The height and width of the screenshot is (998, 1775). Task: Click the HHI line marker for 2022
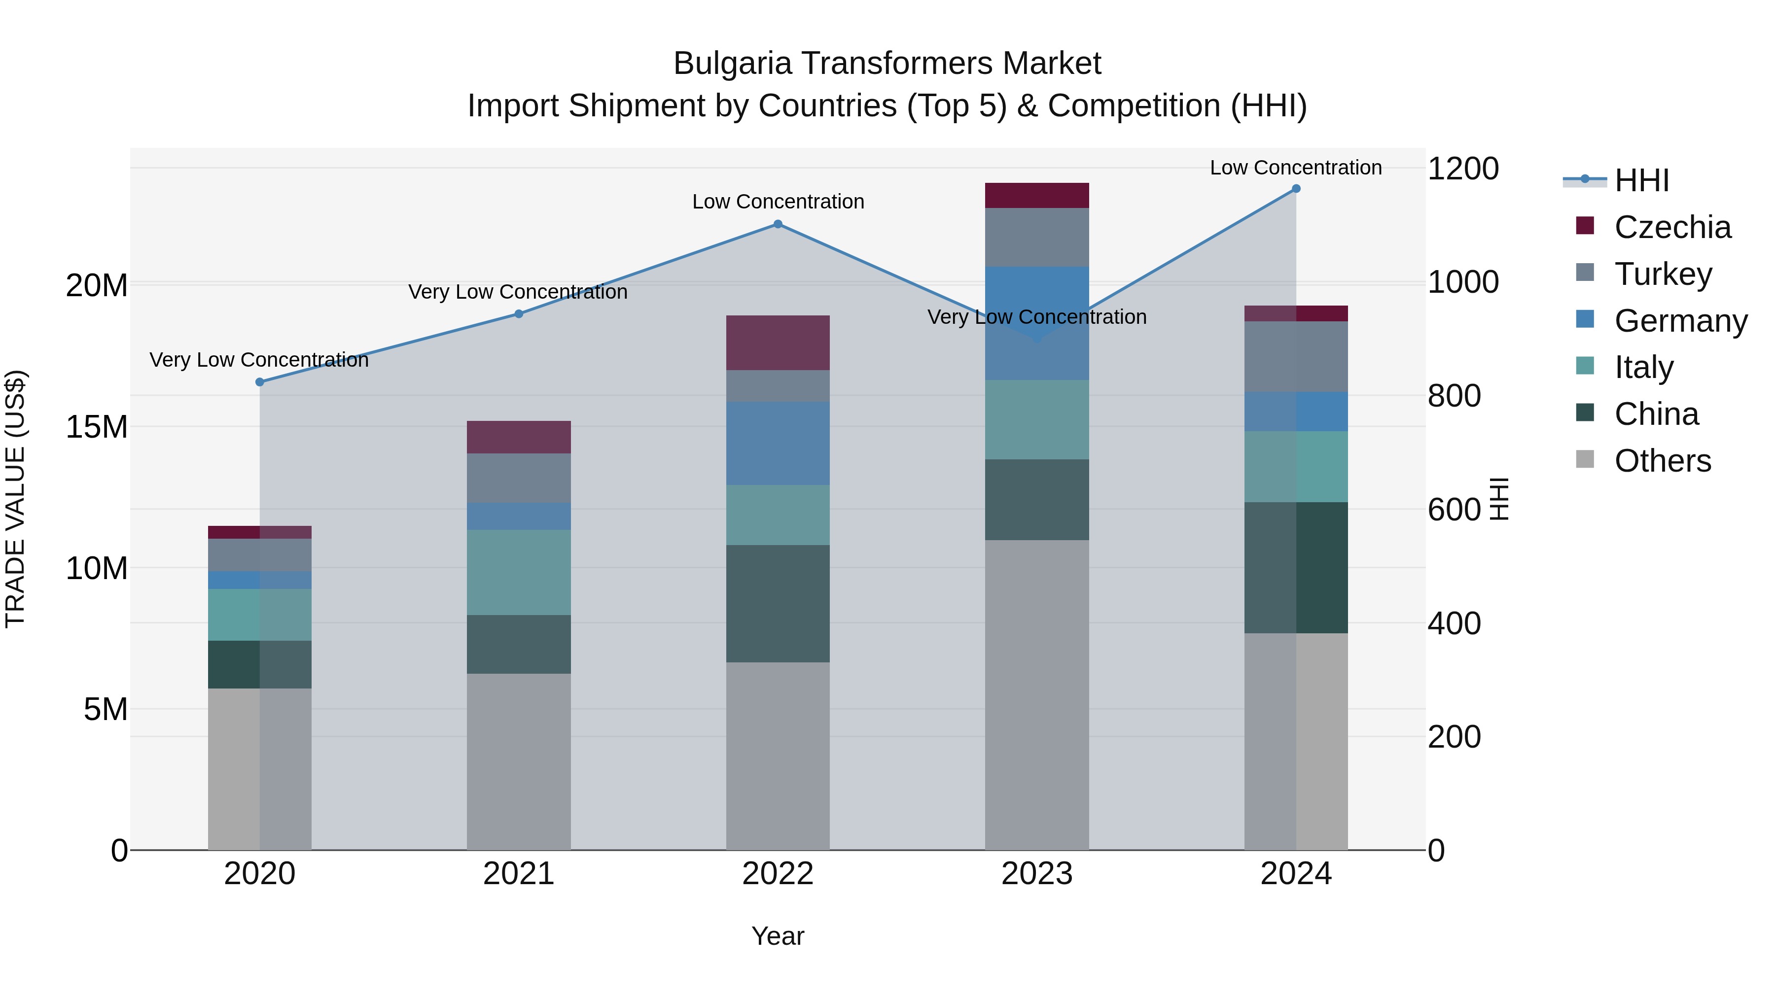point(778,224)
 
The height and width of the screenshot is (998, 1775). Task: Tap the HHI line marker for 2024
point(1296,189)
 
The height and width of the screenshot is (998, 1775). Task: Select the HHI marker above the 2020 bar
point(260,382)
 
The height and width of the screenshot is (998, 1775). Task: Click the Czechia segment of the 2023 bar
point(1037,196)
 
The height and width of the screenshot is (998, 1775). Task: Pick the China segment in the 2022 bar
point(778,604)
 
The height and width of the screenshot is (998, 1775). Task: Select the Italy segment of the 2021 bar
point(519,572)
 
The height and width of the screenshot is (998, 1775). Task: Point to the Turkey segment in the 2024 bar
point(1296,357)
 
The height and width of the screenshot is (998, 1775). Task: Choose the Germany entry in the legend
point(1680,321)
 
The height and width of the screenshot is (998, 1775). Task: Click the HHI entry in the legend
point(1641,180)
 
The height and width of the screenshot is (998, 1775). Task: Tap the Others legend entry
point(1662,461)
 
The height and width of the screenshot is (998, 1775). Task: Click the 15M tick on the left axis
point(97,427)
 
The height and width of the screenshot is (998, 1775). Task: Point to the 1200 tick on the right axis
point(1463,169)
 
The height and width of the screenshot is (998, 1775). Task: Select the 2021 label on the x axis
point(519,874)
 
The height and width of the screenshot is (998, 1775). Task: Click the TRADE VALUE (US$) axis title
point(15,499)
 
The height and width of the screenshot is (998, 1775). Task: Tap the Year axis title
point(778,936)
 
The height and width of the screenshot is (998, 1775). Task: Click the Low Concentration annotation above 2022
point(778,202)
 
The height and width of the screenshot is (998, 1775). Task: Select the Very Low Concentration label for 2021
point(518,292)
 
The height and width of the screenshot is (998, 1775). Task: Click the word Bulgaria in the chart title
point(732,64)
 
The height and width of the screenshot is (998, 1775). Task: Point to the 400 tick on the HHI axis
point(1454,623)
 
